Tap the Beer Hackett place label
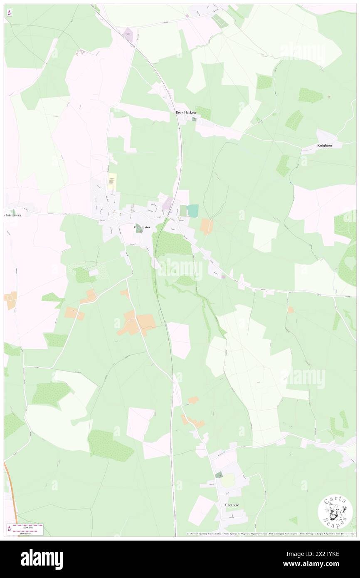185,113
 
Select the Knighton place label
325,146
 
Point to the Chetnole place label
232,505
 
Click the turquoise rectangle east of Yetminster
193,210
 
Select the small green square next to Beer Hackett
194,119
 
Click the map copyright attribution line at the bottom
270,534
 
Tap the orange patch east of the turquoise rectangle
207,226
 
